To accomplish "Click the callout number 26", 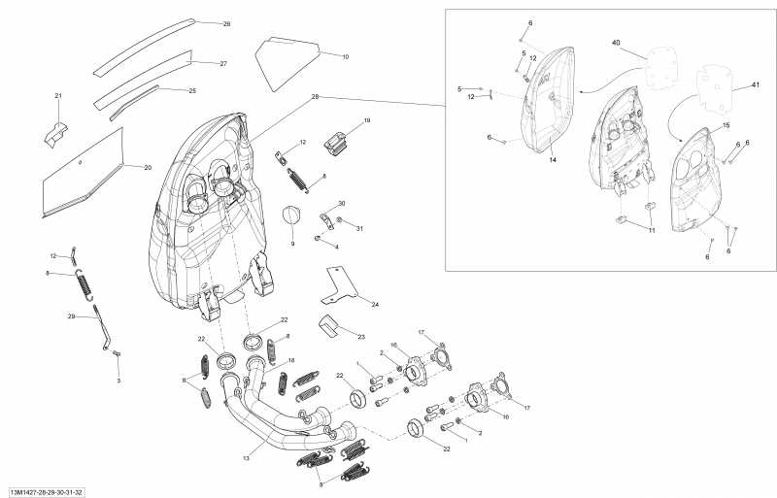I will point(226,22).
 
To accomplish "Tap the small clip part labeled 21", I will point(54,132).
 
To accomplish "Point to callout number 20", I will point(148,167).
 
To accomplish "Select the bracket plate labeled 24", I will point(340,282).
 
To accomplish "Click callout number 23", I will point(360,337).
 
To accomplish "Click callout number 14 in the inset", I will point(551,158).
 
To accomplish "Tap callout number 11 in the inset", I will point(653,230).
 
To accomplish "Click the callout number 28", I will point(315,97).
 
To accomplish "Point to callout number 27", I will point(222,63).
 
